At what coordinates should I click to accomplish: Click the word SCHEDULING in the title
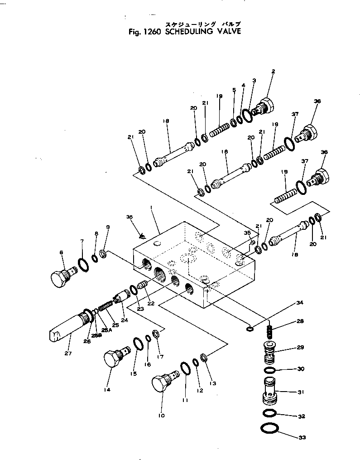[x=187, y=32]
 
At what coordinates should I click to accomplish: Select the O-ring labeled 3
[x=247, y=115]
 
